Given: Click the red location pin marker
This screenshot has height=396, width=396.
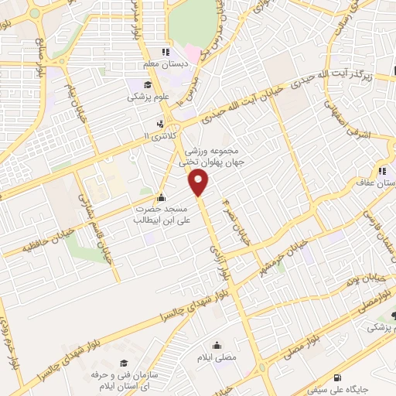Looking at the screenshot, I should (x=199, y=183).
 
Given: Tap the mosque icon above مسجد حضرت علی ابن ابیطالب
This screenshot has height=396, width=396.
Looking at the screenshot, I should (x=160, y=196).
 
